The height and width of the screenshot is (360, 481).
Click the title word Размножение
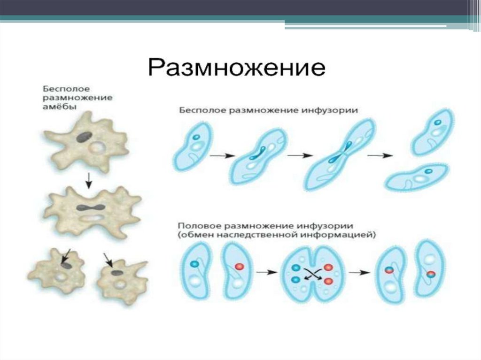tap(237, 69)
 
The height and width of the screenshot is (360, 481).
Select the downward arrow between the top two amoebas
tap(88, 178)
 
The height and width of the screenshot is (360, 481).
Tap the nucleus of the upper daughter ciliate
tap(438, 123)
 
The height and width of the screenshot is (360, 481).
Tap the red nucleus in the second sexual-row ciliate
tap(239, 267)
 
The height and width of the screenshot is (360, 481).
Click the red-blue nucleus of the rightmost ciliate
tap(431, 274)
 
